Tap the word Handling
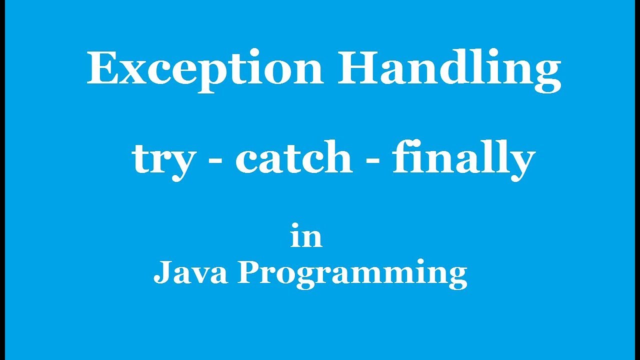click(x=449, y=70)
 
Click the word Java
click(x=190, y=274)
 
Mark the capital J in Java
click(x=161, y=273)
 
